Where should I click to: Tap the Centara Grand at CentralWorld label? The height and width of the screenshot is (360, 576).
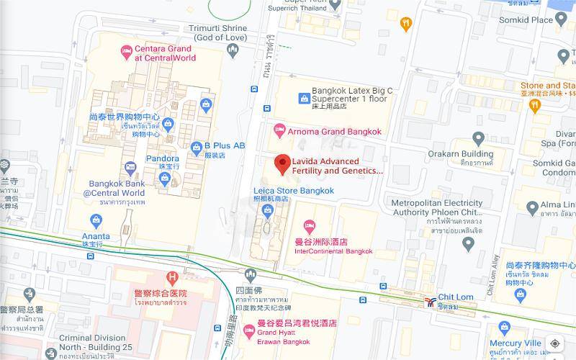[x=164, y=53]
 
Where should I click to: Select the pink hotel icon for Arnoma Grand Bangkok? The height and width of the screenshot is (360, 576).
[x=280, y=132]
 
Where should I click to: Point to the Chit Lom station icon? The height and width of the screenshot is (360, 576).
[x=430, y=301]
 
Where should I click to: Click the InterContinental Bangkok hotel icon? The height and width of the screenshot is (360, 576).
[x=310, y=227]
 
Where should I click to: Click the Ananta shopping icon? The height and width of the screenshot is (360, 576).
[x=96, y=220]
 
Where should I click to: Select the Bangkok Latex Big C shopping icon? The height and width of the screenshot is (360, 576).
[x=303, y=98]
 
